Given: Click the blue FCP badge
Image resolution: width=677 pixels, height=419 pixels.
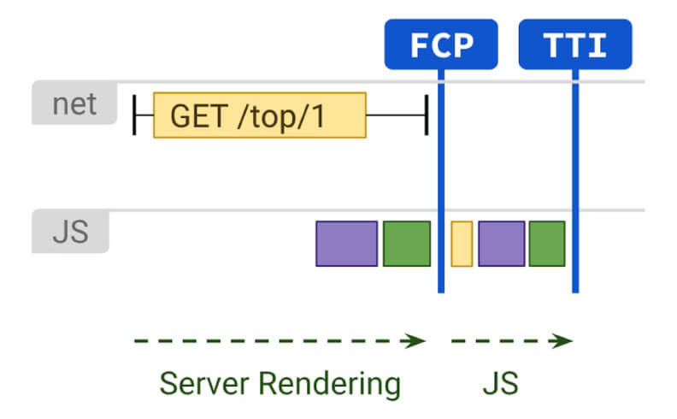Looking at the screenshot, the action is click(x=441, y=44).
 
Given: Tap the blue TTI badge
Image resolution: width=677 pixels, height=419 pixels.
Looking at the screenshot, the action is click(x=575, y=44).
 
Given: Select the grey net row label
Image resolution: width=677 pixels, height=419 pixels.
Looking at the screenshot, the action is click(x=74, y=103).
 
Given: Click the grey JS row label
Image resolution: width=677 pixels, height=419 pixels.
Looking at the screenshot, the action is click(x=70, y=231).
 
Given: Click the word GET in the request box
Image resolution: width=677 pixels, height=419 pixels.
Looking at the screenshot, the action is click(x=199, y=115).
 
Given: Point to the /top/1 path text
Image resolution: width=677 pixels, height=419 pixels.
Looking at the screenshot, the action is click(x=281, y=116).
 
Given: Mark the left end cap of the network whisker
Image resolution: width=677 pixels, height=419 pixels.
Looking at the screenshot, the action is click(x=134, y=115).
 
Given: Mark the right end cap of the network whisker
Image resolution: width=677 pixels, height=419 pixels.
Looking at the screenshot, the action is click(x=427, y=115).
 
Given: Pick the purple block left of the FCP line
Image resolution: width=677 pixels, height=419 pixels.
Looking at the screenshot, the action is click(x=347, y=244).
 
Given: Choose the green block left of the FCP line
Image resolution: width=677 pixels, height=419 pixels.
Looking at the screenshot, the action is click(x=407, y=244).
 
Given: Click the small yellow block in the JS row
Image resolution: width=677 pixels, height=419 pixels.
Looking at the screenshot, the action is click(x=462, y=244).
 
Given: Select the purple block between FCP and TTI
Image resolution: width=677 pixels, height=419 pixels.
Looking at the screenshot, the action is click(x=502, y=244).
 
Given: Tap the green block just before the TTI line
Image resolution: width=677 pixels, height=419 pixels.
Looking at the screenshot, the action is click(x=547, y=244).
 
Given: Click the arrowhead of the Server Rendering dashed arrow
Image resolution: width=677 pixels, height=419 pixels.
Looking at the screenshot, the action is click(x=414, y=341).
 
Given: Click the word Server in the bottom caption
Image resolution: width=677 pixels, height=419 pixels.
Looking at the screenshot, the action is click(x=204, y=384).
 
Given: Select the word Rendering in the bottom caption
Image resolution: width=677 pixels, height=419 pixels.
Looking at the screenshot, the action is click(x=329, y=385).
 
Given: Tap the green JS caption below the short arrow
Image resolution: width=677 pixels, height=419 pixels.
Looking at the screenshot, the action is click(x=500, y=384).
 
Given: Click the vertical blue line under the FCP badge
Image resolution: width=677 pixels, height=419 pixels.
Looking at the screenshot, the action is click(x=441, y=181).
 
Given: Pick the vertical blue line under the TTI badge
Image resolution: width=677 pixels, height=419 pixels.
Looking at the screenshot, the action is click(x=575, y=181).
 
